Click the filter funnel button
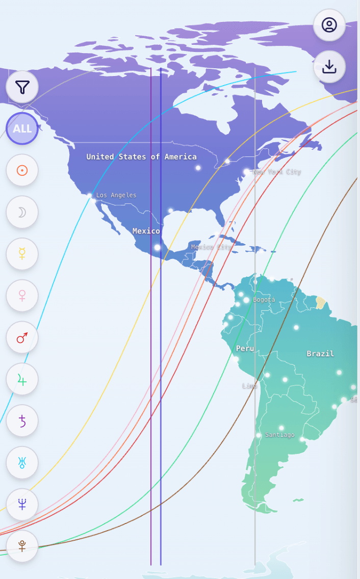(22, 87)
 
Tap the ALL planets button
(22, 128)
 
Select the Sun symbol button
(22, 170)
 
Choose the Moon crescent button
(22, 212)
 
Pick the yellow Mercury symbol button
(22, 254)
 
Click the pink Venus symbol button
(22, 296)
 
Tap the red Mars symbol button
(22, 337)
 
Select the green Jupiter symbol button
(22, 379)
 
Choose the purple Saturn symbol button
(22, 421)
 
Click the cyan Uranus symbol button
(22, 463)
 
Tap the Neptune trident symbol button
(22, 505)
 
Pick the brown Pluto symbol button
(22, 546)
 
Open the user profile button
(329, 25)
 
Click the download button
(329, 67)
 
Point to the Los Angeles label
(116, 195)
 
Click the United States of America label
(141, 157)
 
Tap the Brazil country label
(320, 354)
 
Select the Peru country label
(245, 349)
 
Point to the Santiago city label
(279, 435)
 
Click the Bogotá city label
(264, 300)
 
